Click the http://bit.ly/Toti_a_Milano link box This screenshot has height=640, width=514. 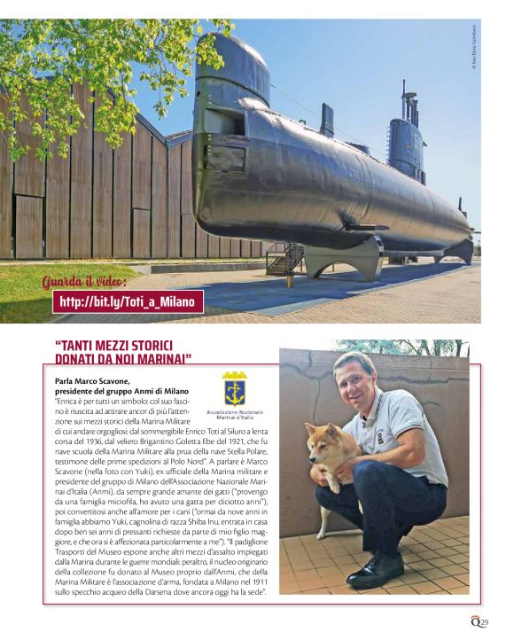point(128,302)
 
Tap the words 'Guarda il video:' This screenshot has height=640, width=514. point(85,282)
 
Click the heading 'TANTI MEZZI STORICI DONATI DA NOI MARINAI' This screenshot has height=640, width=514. point(123,351)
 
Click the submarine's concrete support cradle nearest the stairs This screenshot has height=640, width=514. point(335,259)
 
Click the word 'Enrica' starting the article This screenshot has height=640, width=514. point(69,401)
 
